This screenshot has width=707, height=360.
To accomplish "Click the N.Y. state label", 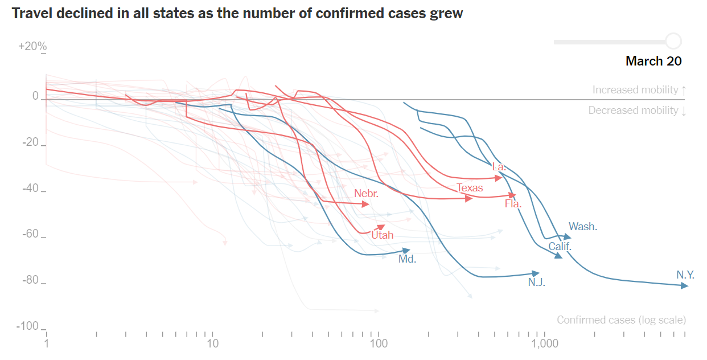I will coord(685,275).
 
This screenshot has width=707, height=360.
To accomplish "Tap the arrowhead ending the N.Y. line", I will coord(685,285).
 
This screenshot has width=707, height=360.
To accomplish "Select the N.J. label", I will coord(536,282).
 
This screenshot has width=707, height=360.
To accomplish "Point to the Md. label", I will coord(407,259).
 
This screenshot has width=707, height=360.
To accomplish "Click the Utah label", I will coord(382,235).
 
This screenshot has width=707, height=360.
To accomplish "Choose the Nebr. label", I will coord(366,194).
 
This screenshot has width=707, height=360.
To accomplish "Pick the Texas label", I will coord(470,188).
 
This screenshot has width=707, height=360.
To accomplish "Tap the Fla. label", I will coord(513,203).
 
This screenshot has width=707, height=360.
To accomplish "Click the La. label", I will coord(499,167).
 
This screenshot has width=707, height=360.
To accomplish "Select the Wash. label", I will coord(583,226).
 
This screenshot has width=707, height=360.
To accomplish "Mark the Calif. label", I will coord(560,247).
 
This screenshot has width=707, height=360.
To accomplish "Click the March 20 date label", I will coord(653,61).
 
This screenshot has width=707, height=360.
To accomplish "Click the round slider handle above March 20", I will coord(673,42).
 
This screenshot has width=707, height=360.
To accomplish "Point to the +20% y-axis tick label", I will coord(32,46).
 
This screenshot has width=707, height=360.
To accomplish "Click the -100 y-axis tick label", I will coord(28,326).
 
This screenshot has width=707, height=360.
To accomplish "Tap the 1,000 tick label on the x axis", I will coord(545,344).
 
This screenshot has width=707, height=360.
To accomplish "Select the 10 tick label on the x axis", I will coord(212,344).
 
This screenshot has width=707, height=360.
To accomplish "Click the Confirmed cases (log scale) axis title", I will coord(621,320).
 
